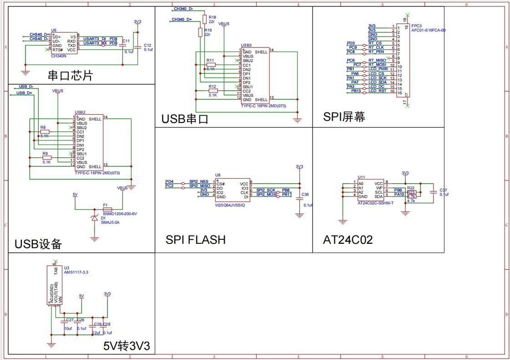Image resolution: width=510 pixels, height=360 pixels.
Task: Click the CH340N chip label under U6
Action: (x=59, y=56)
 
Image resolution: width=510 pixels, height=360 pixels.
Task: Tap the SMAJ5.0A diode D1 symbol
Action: (x=95, y=218)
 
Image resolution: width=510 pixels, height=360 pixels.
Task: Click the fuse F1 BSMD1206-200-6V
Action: (x=107, y=210)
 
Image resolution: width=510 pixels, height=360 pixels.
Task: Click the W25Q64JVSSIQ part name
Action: (x=230, y=206)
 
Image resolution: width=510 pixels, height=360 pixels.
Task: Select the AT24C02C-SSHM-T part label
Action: (x=375, y=203)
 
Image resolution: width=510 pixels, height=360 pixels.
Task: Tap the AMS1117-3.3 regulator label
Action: (x=76, y=272)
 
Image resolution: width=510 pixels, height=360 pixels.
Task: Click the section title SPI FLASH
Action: (x=195, y=240)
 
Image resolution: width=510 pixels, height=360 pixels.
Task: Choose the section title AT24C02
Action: (x=347, y=240)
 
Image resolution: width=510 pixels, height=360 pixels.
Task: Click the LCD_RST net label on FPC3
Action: (x=377, y=91)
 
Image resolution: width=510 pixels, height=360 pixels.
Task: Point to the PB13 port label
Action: (x=356, y=91)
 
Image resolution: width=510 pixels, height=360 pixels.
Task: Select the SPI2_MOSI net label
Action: (x=266, y=195)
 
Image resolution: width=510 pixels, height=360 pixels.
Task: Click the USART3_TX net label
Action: (x=94, y=39)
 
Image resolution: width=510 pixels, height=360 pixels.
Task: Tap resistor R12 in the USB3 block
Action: (x=213, y=91)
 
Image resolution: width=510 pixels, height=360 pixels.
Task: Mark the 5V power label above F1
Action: (x=76, y=195)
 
